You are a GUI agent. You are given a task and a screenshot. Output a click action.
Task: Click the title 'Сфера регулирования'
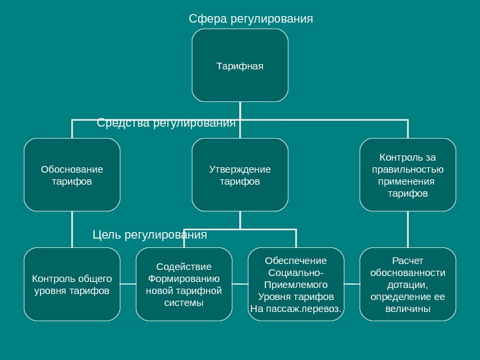251,18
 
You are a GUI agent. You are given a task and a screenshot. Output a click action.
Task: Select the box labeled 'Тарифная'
240,65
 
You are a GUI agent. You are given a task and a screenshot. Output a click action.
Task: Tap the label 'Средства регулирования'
167,123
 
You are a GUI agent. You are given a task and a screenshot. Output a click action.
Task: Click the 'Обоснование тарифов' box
72,175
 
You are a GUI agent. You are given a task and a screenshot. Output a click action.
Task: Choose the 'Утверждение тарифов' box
240,175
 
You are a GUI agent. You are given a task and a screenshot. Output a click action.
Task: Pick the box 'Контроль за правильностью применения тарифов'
407,175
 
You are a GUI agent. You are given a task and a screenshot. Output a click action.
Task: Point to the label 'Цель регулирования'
149,235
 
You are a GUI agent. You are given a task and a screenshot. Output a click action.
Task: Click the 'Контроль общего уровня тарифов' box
72,284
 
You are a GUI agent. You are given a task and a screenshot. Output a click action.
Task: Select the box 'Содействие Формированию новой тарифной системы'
184,284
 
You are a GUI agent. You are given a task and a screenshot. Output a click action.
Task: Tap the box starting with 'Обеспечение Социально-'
296,284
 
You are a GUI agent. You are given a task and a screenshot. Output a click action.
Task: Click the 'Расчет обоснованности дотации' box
407,284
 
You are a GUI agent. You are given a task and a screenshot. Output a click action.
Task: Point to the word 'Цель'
105,235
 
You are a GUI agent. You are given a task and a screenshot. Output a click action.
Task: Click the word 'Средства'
123,123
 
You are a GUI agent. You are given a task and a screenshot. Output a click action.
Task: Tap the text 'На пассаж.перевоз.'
296,309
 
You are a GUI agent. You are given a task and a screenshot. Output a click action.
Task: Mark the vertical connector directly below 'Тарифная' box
240,111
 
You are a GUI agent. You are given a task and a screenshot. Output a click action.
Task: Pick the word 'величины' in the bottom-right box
408,309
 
